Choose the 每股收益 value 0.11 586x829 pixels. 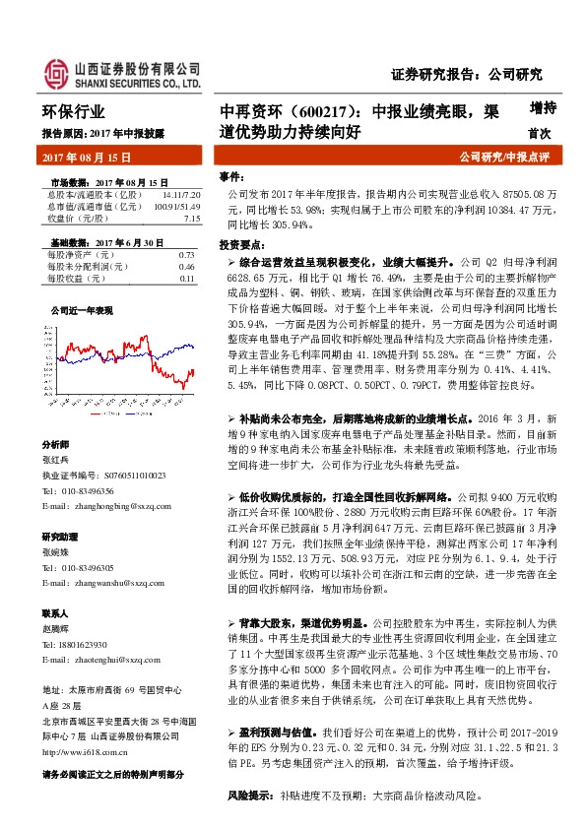(186, 279)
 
